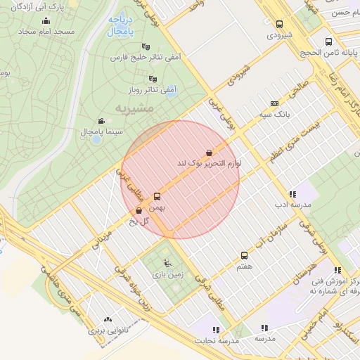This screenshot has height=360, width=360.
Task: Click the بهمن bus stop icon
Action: [x=156, y=197]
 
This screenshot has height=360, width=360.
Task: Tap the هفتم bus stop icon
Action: [x=245, y=255]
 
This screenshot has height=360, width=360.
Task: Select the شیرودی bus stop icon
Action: [x=280, y=23]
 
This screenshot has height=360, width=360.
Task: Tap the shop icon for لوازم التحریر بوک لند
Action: [x=209, y=153]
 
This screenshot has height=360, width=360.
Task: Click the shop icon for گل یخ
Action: [x=139, y=210]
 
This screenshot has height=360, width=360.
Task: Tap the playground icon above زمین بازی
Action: [x=166, y=264]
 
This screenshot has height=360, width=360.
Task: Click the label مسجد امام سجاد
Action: [x=37, y=32]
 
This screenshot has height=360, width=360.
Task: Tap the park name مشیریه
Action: [x=133, y=109]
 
